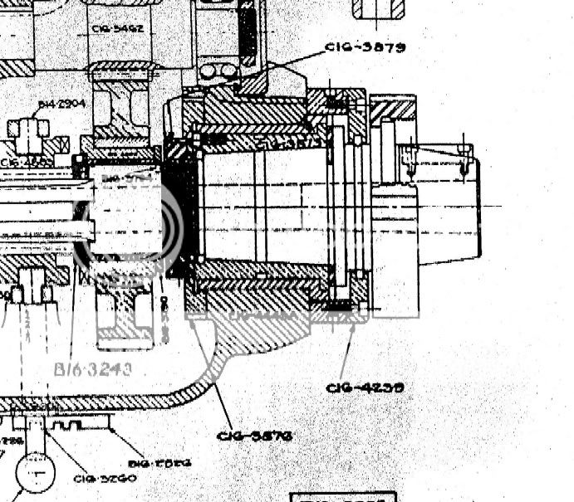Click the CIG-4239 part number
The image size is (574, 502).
coord(365,387)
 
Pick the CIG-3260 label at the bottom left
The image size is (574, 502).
coord(105,477)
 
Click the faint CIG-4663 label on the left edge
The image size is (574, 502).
coord(25,162)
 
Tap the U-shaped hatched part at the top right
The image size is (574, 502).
coord(378,8)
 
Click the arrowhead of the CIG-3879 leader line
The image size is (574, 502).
coord(239,83)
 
